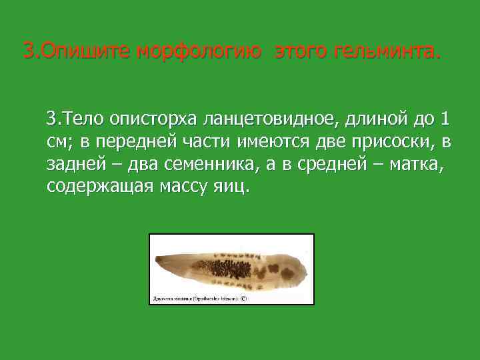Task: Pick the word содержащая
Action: (100, 186)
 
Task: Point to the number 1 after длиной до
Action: (444, 120)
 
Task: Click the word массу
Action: (185, 186)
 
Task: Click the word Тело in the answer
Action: (83, 120)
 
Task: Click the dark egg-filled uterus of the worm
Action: (221, 269)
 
